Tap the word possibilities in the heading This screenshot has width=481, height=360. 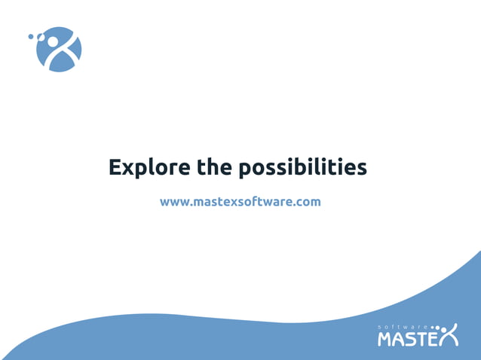(303, 168)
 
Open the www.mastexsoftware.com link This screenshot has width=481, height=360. (240, 202)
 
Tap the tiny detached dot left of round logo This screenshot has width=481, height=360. (31, 35)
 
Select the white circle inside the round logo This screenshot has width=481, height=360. (53, 41)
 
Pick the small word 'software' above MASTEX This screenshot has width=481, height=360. (403, 326)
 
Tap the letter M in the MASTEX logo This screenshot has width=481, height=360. (385, 339)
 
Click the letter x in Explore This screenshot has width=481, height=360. (129, 168)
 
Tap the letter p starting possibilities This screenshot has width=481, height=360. (246, 170)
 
